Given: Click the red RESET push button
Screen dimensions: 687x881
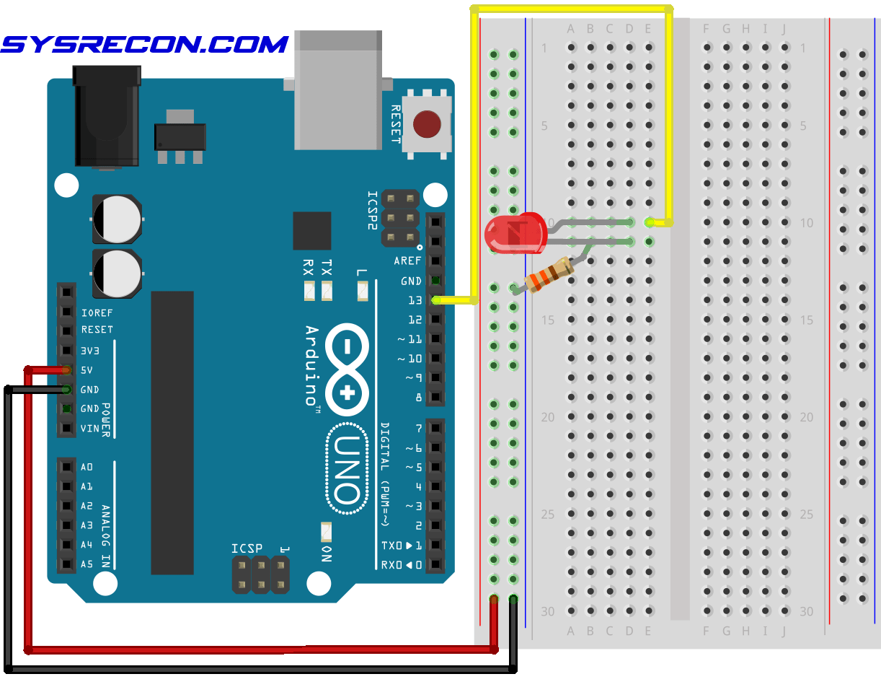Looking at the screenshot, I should coord(427,124).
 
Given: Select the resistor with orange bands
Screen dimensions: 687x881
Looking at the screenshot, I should coord(549,275).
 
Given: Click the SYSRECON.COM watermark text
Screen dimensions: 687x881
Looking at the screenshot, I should coord(145,45).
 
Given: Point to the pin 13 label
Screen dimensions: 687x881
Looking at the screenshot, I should coord(415,300).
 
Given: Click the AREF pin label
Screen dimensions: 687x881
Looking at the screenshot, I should coord(407,261).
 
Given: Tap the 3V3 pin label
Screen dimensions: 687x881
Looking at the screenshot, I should coord(90,351).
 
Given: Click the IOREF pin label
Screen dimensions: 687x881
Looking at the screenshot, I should coord(97,312).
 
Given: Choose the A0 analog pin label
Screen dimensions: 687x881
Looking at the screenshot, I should coord(87,467).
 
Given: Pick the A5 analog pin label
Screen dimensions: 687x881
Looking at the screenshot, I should coord(87,564).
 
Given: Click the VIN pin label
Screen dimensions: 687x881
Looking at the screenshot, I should coord(89,428).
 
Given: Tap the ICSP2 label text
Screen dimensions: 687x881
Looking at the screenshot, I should coord(372,210).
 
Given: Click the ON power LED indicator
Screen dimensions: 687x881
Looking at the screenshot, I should coord(326,533).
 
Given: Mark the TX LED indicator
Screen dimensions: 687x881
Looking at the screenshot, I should coord(327,291).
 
